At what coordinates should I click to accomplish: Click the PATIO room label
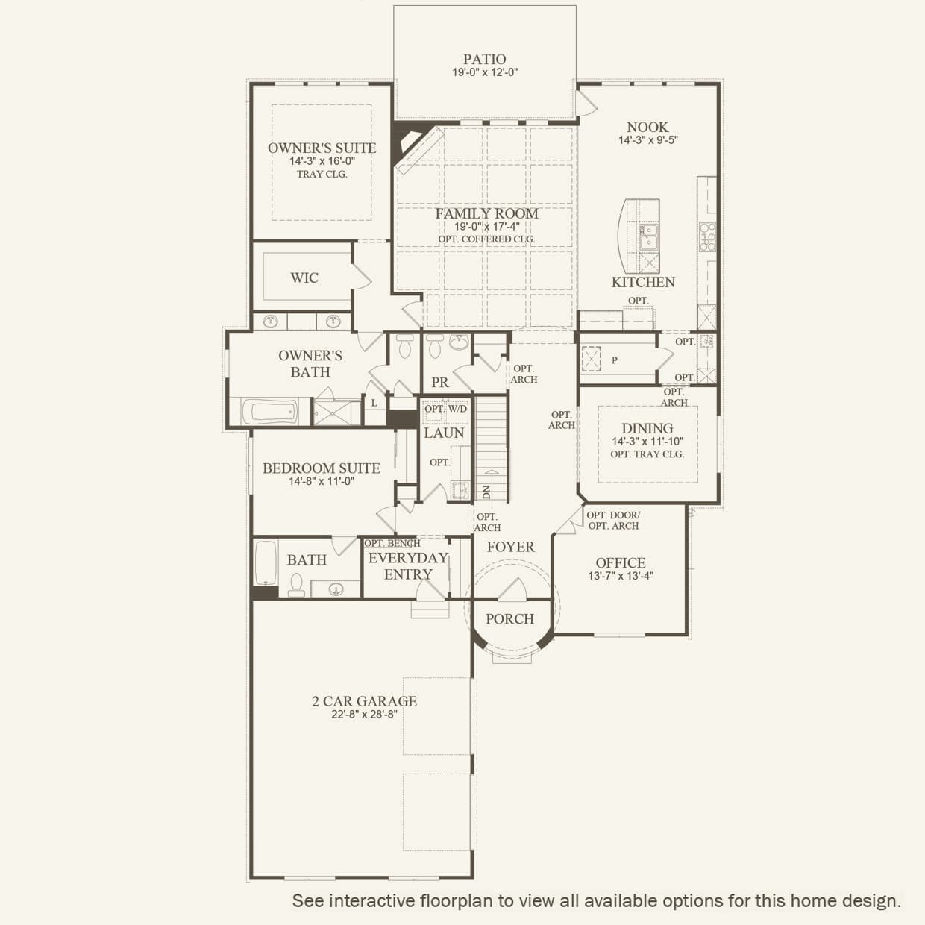(x=484, y=59)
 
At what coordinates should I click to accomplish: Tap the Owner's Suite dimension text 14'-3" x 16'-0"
(x=322, y=161)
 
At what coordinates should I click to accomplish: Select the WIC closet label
(x=304, y=277)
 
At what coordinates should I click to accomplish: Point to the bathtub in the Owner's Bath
(x=269, y=412)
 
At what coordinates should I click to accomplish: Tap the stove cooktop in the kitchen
(x=707, y=236)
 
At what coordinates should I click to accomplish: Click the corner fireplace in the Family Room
(x=408, y=143)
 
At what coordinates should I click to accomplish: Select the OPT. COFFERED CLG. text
(x=486, y=239)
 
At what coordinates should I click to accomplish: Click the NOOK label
(x=647, y=128)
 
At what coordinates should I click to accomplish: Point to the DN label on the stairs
(x=486, y=492)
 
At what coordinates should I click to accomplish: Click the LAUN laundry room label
(x=444, y=433)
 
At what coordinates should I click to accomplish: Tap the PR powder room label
(x=439, y=382)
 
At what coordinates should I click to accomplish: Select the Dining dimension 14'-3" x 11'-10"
(x=647, y=442)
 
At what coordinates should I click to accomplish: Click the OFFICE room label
(x=621, y=562)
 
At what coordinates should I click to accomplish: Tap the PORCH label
(x=509, y=618)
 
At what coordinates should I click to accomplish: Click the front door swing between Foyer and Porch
(x=512, y=589)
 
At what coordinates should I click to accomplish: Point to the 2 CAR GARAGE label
(x=364, y=700)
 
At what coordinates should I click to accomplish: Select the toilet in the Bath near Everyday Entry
(x=296, y=585)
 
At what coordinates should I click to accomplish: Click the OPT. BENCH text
(x=392, y=543)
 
